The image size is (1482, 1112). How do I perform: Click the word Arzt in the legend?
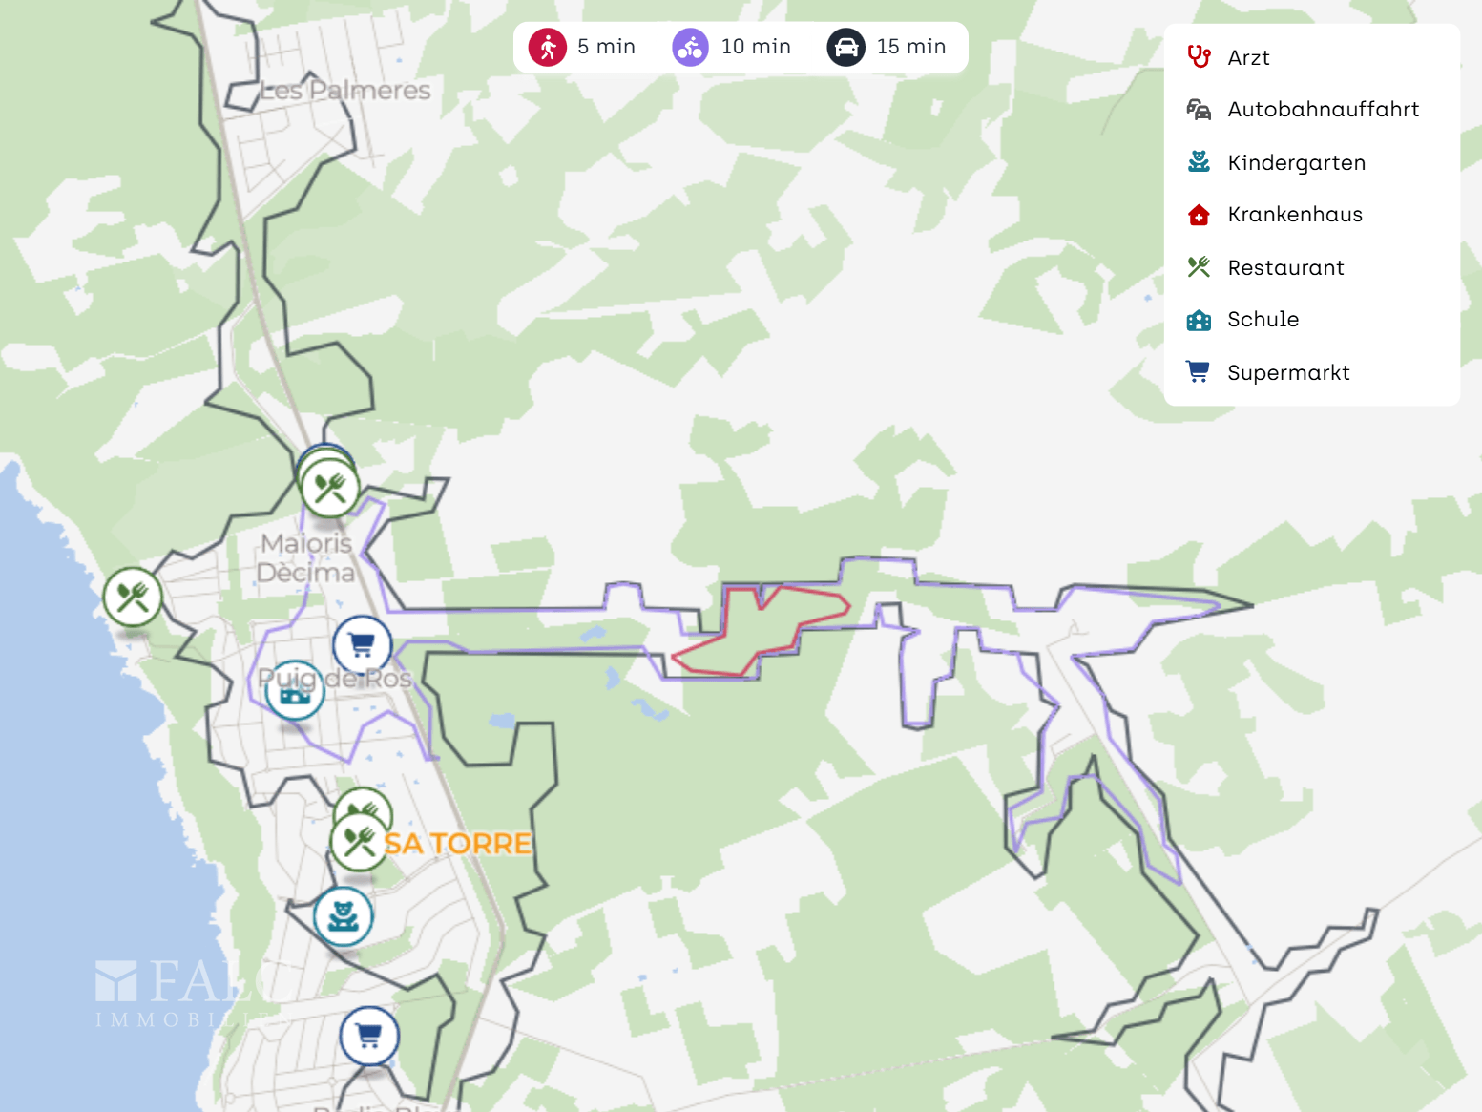[1247, 58]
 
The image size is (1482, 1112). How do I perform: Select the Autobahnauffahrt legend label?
[1323, 110]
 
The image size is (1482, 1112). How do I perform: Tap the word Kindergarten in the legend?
[1296, 163]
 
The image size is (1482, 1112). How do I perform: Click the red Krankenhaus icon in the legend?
[1199, 215]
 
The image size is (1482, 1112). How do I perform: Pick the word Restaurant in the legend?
[1285, 268]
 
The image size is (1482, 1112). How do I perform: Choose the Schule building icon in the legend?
[1199, 320]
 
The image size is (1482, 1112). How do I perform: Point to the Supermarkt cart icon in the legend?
[1198, 372]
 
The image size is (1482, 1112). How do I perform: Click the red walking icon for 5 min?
[548, 47]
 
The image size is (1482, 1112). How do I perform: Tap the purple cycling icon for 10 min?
[690, 47]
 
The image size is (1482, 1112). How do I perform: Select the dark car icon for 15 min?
[846, 47]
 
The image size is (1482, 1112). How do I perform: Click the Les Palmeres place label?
[345, 91]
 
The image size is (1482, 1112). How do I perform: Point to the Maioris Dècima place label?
[306, 557]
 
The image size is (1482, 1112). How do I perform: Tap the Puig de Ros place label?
[335, 679]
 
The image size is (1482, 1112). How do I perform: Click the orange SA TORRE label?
[458, 844]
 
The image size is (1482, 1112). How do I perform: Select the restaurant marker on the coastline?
[133, 598]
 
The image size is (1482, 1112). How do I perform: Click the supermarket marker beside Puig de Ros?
[362, 645]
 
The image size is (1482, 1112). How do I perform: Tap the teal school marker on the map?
[294, 690]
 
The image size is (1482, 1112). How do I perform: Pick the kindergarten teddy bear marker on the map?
[343, 916]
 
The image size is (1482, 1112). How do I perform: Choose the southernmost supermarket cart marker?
[369, 1036]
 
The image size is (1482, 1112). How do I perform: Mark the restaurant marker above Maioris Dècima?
[330, 489]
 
